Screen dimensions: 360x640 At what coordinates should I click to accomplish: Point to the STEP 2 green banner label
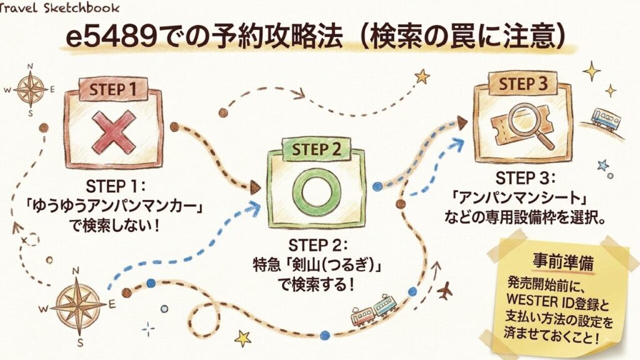coord(316,149)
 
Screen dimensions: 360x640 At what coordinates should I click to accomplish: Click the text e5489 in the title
coord(104,37)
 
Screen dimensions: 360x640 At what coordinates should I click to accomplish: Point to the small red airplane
coord(445,291)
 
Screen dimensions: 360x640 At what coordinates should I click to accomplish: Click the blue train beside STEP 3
coord(605,118)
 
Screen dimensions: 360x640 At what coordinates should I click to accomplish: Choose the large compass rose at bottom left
coord(78,305)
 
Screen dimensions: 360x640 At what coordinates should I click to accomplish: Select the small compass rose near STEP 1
coord(30,89)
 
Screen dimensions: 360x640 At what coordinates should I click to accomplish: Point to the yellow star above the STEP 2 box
coord(422,76)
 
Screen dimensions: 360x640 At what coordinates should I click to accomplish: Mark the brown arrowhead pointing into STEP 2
coord(255,186)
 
